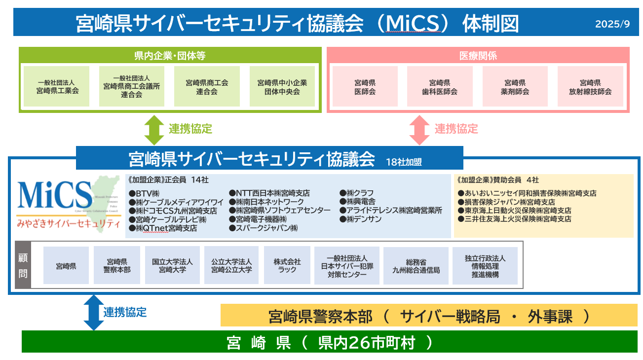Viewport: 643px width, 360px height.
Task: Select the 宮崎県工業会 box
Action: [x=57, y=86]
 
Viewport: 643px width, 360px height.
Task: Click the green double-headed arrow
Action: [x=153, y=130]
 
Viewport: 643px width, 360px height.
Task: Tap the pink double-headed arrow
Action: [x=419, y=130]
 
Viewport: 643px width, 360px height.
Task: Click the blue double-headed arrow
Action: [x=93, y=312]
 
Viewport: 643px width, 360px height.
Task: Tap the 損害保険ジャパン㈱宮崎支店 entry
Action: [x=506, y=202]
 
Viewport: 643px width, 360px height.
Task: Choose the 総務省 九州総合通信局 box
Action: [x=416, y=266]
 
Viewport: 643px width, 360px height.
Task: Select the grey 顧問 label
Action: [x=23, y=265]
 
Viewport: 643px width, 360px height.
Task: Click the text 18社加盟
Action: [x=405, y=161]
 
